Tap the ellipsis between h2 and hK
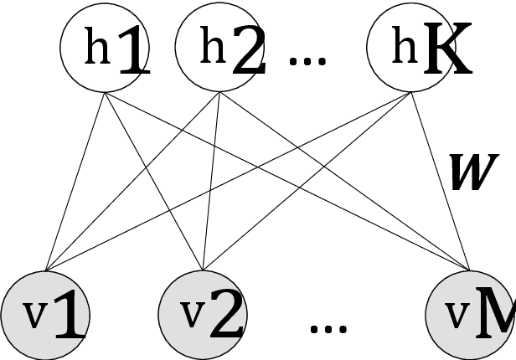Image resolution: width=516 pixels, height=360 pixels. pyautogui.click(x=307, y=60)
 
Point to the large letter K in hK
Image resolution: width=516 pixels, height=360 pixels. pyautogui.click(x=446, y=55)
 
